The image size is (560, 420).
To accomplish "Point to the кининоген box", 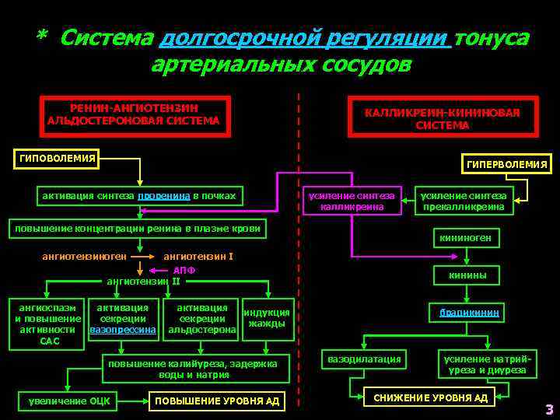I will [x=464, y=237].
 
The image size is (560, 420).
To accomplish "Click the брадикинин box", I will [x=469, y=313].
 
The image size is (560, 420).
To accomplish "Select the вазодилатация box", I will [x=365, y=359].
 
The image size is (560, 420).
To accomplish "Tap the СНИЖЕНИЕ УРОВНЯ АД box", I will [x=430, y=397].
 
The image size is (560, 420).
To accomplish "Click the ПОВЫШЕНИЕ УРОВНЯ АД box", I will [x=218, y=401].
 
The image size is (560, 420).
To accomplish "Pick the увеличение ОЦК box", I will [x=68, y=401].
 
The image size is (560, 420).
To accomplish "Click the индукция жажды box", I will [x=267, y=318].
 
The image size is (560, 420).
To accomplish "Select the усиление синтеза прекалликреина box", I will [x=463, y=201].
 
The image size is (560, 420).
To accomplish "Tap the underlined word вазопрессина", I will [x=123, y=330].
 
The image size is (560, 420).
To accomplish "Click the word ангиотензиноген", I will [x=83, y=256].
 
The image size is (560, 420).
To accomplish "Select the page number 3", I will [x=548, y=409].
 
